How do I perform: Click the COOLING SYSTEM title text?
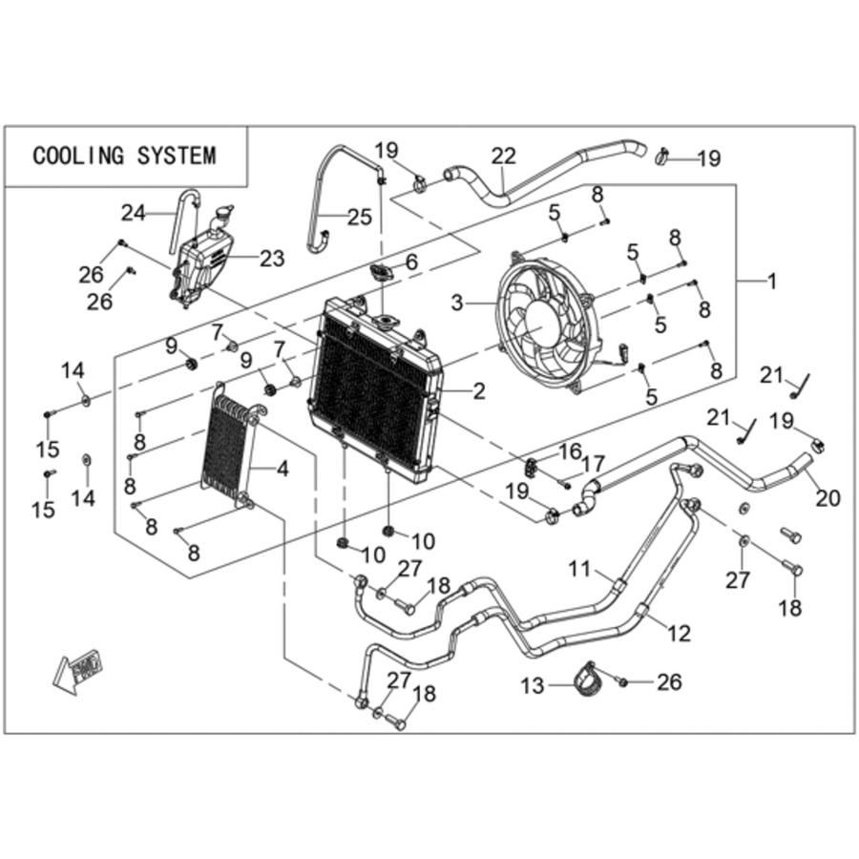pyautogui.click(x=124, y=157)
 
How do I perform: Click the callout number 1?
pyautogui.click(x=772, y=282)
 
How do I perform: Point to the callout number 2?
pyautogui.click(x=479, y=391)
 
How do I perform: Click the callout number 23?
pyautogui.click(x=272, y=258)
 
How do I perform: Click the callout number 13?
pyautogui.click(x=533, y=684)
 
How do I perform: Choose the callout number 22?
pyautogui.click(x=503, y=157)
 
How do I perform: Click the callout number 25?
pyautogui.click(x=360, y=217)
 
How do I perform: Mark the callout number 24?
pyautogui.click(x=133, y=213)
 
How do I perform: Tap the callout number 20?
pyautogui.click(x=828, y=498)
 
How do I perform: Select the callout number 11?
pyautogui.click(x=579, y=569)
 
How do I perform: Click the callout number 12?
pyautogui.click(x=679, y=633)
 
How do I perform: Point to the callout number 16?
pyautogui.click(x=570, y=452)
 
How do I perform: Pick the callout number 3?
pyautogui.click(x=457, y=303)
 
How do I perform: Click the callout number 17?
pyautogui.click(x=592, y=464)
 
